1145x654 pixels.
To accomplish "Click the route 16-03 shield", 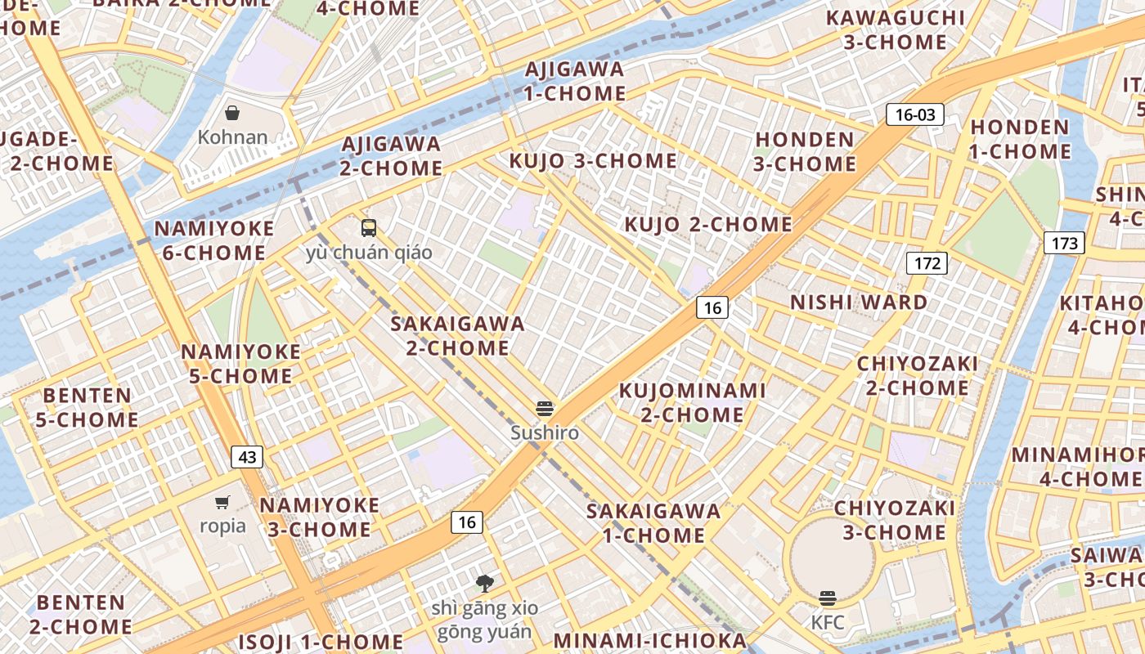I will pos(915,114).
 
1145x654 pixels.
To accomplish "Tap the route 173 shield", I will pos(1064,243).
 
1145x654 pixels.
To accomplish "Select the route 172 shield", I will pos(927,263).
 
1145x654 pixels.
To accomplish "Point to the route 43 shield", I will pos(246,456).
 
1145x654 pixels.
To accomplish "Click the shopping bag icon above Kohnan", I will pos(232,113).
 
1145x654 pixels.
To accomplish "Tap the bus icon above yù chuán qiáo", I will pos(369,228).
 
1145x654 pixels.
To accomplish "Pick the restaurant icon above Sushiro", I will pos(545,409).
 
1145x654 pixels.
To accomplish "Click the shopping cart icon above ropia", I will pos(222,502).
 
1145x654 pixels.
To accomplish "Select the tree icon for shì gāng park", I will pos(485,583).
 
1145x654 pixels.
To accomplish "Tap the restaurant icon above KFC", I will pos(828,598).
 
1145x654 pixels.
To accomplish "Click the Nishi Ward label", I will pos(859,302).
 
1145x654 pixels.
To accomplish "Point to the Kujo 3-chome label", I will pos(593,161).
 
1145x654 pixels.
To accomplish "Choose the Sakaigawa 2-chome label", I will pos(457,335).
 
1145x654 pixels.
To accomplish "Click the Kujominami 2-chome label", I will pos(692,402).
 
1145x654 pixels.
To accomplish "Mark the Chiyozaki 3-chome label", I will pos(894,520).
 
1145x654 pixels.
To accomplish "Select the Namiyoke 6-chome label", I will pos(214,240).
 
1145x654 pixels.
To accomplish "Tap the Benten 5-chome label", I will pos(87,407).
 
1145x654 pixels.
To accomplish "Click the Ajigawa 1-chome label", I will pos(574,81).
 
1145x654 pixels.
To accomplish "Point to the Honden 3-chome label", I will pos(805,151).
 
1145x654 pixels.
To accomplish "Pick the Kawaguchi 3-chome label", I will pos(895,29).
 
